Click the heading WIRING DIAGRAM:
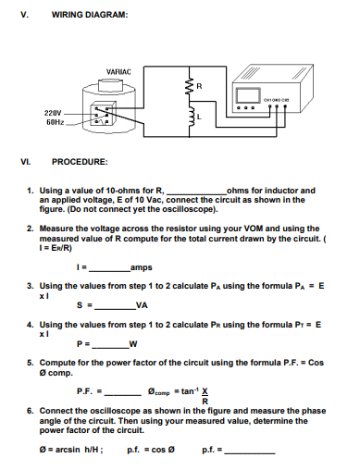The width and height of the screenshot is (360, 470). pyautogui.click(x=89, y=16)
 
